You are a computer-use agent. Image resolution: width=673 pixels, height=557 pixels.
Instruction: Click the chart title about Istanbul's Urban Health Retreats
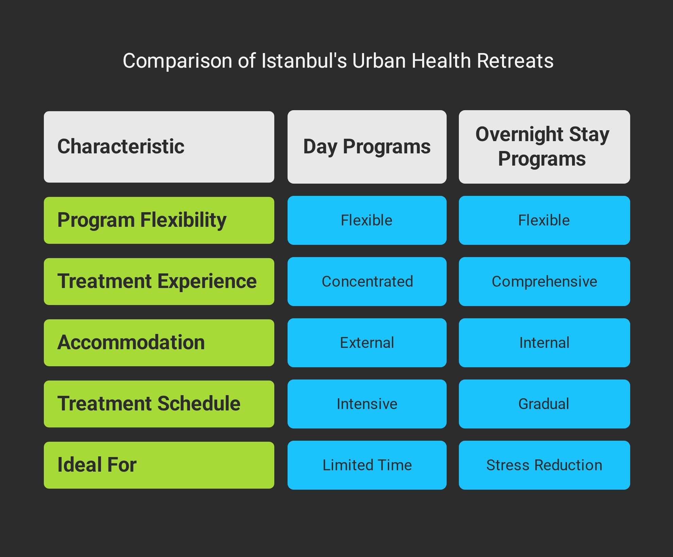[338, 61]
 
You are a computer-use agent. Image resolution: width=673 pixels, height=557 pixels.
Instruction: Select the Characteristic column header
[159, 147]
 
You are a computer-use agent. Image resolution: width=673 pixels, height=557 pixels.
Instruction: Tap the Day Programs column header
[367, 147]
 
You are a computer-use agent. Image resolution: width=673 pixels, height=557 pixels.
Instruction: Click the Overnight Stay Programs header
[545, 147]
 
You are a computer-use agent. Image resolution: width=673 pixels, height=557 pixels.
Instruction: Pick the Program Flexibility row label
[159, 220]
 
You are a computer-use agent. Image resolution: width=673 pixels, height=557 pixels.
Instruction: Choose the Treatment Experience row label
[159, 282]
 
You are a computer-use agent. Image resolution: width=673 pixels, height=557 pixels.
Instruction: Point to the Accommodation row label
[159, 343]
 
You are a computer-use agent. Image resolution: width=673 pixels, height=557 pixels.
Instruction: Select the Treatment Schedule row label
[159, 404]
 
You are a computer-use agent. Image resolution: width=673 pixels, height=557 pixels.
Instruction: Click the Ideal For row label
[159, 465]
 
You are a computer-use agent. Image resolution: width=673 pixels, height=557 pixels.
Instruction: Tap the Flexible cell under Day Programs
[367, 220]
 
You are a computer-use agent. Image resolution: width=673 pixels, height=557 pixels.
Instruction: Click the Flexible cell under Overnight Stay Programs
[545, 220]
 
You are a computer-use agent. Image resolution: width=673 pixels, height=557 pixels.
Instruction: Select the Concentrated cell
[367, 282]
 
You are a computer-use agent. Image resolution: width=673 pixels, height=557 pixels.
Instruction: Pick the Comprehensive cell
[545, 282]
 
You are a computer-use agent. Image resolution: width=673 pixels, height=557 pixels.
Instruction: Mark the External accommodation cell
[367, 343]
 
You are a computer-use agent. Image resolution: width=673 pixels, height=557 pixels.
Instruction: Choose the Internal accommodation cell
[545, 343]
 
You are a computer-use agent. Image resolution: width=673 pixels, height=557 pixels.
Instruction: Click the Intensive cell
[367, 404]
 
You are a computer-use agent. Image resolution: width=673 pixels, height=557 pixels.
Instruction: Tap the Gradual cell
[545, 404]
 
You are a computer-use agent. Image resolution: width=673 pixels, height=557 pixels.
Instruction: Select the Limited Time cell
[367, 465]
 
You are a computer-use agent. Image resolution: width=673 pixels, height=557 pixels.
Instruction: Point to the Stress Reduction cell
[545, 465]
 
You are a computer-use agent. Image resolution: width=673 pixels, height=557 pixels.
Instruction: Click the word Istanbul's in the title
[304, 61]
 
